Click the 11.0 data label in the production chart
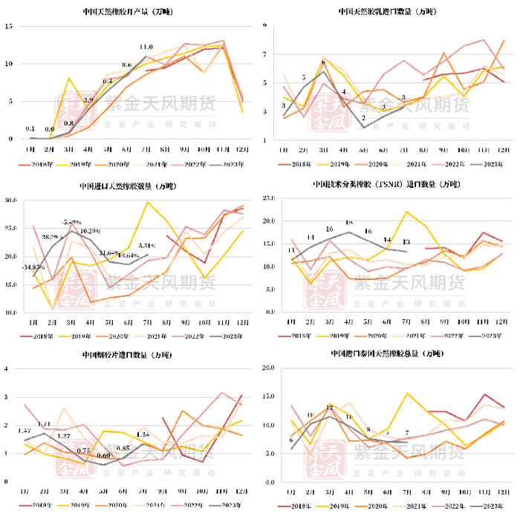pos(146,47)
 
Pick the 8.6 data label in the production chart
pos(126,65)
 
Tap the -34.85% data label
pos(33,267)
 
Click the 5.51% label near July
pos(147,245)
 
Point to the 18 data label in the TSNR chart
pos(348,222)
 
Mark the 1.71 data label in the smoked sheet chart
pos(44,424)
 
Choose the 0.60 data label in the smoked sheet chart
pos(103,455)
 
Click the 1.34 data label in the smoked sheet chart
pos(143,434)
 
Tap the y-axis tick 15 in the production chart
pos(9,26)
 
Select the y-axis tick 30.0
pos(10,200)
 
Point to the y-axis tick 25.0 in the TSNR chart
pos(270,199)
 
